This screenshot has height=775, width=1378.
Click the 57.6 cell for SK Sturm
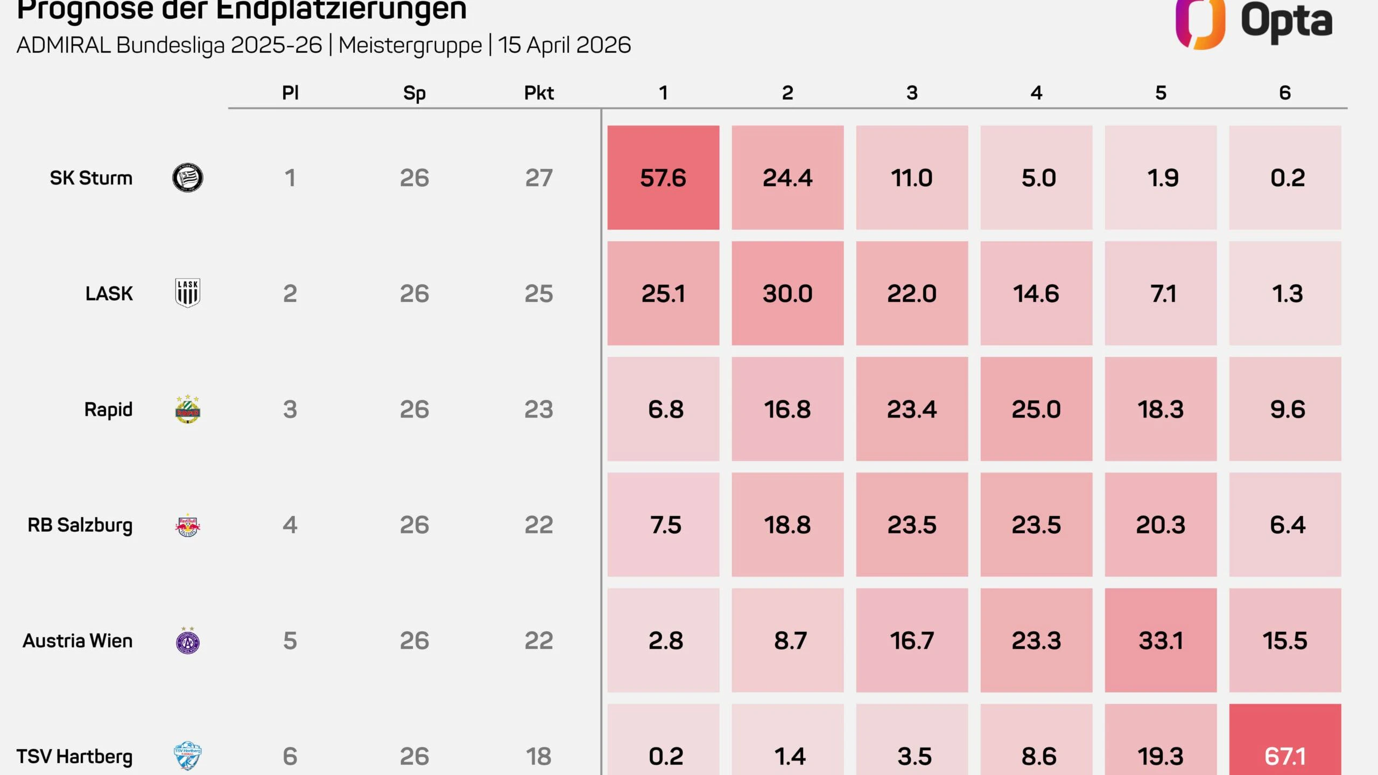pyautogui.click(x=663, y=178)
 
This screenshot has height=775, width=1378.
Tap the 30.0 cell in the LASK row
pyautogui.click(x=788, y=293)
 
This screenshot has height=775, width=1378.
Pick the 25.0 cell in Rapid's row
pyautogui.click(x=1036, y=409)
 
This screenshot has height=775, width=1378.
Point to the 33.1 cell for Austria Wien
pyautogui.click(x=1161, y=640)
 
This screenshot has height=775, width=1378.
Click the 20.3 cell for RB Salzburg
pyautogui.click(x=1161, y=525)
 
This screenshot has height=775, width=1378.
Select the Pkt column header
pyautogui.click(x=539, y=93)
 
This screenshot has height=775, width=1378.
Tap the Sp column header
pyautogui.click(x=414, y=93)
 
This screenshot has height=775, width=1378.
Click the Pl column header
pyautogui.click(x=290, y=93)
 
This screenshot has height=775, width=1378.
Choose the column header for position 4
pyautogui.click(x=1036, y=93)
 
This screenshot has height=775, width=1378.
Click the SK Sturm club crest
pyautogui.click(x=187, y=178)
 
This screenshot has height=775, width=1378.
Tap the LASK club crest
pyautogui.click(x=187, y=293)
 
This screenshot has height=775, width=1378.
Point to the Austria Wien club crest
pyautogui.click(x=187, y=640)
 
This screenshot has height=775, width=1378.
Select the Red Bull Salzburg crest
pyautogui.click(x=187, y=525)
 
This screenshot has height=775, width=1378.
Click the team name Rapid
pyautogui.click(x=108, y=410)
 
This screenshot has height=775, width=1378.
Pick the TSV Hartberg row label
pyautogui.click(x=74, y=756)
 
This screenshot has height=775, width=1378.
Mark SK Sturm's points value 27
pyautogui.click(x=539, y=178)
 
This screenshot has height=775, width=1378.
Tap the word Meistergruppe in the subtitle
pyautogui.click(x=410, y=45)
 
